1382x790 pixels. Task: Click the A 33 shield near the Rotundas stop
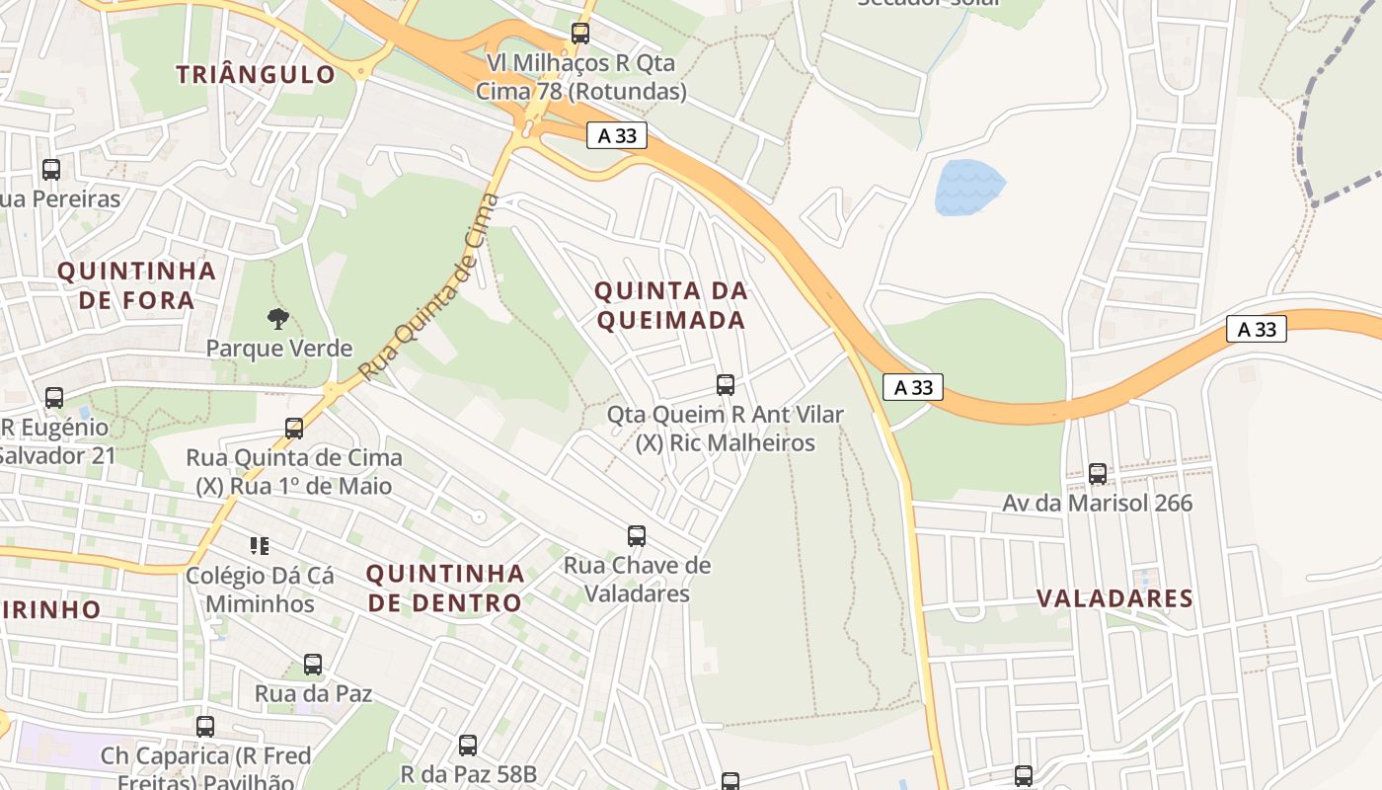coord(617,136)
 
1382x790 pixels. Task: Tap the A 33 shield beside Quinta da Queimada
coord(913,387)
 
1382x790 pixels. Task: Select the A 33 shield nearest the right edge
coord(1257,329)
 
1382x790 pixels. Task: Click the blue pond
coord(968,188)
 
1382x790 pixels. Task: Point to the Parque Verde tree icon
coord(278,319)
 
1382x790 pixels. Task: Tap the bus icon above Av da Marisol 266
coord(1098,474)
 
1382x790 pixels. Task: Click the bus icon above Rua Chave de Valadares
coord(637,536)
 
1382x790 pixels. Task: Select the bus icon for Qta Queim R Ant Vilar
coord(726,385)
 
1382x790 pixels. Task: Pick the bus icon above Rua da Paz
coord(313,665)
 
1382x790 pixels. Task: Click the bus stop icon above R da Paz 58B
coord(468,746)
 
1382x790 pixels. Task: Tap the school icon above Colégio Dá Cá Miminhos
coord(260,545)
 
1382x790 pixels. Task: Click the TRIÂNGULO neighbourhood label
coord(256,74)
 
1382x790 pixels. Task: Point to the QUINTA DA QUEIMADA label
coord(670,305)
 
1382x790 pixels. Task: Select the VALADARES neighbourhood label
coord(1115,598)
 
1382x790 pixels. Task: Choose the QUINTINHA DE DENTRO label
coord(445,588)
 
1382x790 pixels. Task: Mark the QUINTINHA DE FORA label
coord(136,285)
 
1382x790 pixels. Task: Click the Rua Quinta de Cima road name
coord(423,287)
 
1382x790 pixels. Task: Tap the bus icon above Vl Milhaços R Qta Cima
coord(580,34)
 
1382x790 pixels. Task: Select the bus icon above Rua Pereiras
coord(51,170)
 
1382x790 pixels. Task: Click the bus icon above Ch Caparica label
coord(205,727)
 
